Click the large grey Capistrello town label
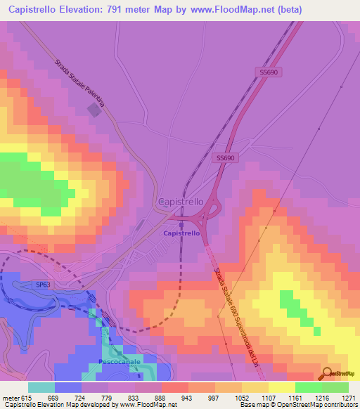[x=181, y=201]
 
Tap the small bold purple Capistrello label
[x=181, y=233]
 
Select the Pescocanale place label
[x=118, y=361]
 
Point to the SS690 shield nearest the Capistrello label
[x=225, y=158]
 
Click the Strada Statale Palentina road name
[x=79, y=84]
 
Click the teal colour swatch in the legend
[x=41, y=387]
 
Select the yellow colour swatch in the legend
[x=281, y=387]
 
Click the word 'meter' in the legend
[x=11, y=397]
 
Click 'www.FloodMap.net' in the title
[x=229, y=8]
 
